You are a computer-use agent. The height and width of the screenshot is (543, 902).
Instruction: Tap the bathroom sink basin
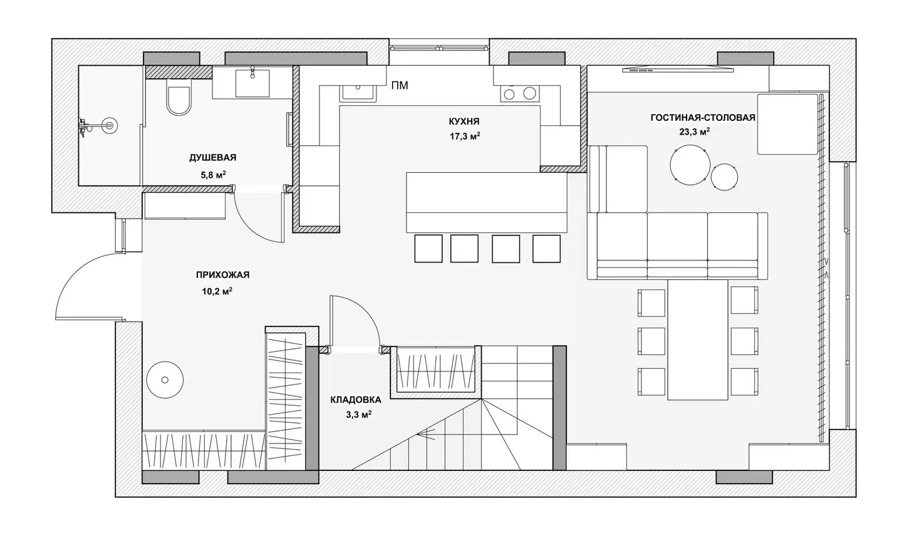[x=252, y=83]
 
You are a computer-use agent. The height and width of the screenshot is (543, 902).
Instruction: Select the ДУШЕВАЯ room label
[x=212, y=157]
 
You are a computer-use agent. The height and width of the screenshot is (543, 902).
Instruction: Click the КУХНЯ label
[x=464, y=121]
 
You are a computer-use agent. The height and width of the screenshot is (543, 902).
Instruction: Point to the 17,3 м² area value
[x=465, y=136]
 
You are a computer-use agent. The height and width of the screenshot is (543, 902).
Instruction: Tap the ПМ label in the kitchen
[x=400, y=85]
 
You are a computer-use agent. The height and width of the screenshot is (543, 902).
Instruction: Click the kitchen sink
[x=359, y=92]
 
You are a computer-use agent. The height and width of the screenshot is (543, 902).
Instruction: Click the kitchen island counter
[x=487, y=202]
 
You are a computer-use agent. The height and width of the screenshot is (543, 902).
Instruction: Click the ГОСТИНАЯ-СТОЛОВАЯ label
[x=703, y=118]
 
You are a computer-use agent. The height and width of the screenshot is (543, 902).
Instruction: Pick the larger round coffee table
[x=690, y=165]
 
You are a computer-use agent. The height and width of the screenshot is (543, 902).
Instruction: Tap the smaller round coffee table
[x=724, y=177]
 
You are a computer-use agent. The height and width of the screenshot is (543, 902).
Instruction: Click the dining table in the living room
[x=698, y=339]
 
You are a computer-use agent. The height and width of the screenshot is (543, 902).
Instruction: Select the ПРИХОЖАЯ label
[x=223, y=275]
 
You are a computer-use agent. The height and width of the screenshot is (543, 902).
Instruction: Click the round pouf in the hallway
[x=165, y=380]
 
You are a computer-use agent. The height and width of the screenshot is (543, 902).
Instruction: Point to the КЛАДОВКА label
[x=356, y=400]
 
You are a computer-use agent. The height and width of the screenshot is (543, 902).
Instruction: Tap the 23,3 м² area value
[x=695, y=132]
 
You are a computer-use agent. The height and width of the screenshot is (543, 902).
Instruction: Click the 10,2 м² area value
[x=217, y=291]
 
